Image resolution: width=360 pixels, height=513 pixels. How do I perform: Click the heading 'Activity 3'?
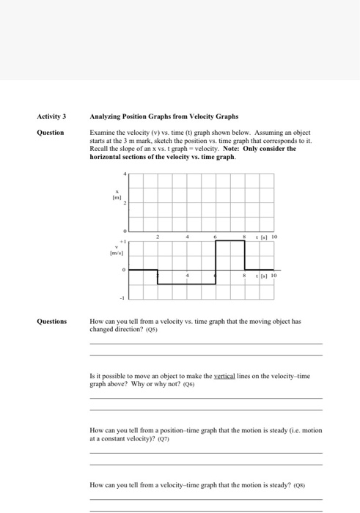pyautogui.click(x=51, y=117)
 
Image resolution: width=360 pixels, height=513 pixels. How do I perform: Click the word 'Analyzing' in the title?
pyautogui.click(x=106, y=117)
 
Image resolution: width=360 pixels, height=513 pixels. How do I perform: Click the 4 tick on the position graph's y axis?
pyautogui.click(x=125, y=173)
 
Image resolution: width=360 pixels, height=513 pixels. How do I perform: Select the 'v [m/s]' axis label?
pyautogui.click(x=115, y=250)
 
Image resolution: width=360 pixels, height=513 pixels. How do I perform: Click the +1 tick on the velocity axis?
pyautogui.click(x=124, y=240)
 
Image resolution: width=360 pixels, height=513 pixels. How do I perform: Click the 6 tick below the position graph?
pyautogui.click(x=215, y=237)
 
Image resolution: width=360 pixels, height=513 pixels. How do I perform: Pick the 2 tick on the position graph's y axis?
pyautogui.click(x=125, y=202)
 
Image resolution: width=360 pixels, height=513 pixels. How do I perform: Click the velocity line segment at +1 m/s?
pyautogui.click(x=229, y=241)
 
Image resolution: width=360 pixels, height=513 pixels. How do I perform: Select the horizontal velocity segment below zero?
pyautogui.click(x=186, y=284)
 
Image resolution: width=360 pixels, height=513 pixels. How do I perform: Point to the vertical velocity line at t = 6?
pyautogui.click(x=215, y=262)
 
